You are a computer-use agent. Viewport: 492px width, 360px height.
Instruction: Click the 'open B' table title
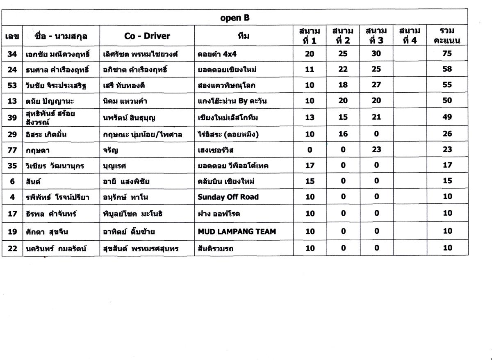235,18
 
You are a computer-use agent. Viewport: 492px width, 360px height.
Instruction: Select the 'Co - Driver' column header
147,36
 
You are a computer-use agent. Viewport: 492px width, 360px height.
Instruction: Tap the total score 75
447,53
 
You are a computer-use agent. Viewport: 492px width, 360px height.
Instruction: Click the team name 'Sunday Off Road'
228,197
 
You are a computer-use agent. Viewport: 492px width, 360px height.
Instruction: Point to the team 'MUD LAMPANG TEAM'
237,231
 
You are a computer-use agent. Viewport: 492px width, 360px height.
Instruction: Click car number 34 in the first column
12,53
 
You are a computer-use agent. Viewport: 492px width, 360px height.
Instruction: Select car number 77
12,150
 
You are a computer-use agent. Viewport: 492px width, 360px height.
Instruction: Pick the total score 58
447,69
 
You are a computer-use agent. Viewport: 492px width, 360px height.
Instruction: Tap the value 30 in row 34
376,53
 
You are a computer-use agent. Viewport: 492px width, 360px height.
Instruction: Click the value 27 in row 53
376,85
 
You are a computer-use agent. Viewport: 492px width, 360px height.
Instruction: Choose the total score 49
447,117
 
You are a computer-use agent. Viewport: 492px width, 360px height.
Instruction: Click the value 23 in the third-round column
376,150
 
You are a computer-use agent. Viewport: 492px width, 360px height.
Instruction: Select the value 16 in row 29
343,134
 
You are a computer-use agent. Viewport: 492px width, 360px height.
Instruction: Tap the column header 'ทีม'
244,36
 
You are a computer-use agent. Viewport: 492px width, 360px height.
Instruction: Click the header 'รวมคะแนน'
447,36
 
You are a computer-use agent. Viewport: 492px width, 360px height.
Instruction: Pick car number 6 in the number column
12,181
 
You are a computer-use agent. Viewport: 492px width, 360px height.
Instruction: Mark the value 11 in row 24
310,69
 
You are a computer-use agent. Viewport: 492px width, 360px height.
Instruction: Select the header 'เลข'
12,36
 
